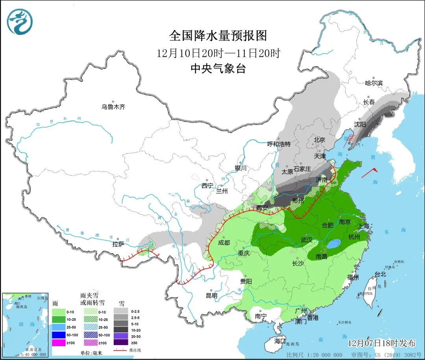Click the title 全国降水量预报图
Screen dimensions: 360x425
218,36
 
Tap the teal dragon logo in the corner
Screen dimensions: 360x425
19,21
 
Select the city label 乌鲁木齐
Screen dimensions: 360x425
113,107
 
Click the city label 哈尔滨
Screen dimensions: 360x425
374,83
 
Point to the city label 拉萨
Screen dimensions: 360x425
118,244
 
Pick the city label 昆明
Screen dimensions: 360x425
211,295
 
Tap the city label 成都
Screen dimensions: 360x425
224,243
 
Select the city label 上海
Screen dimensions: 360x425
364,226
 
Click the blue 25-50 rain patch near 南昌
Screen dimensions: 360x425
334,245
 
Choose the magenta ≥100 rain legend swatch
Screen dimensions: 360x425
58,343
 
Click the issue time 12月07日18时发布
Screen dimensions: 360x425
382,343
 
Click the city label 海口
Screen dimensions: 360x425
280,341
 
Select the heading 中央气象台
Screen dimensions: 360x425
218,69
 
